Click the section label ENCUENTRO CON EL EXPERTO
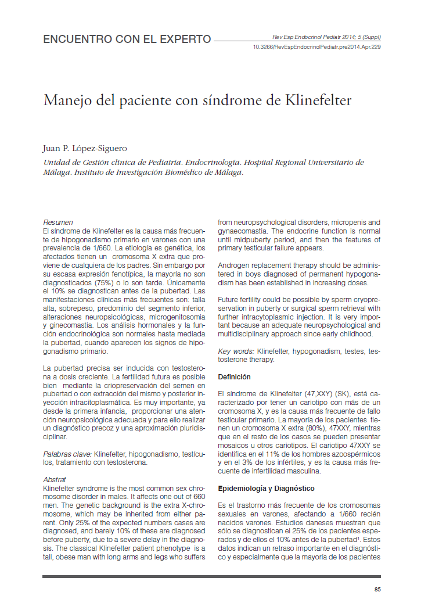point(127,40)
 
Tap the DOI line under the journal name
point(317,47)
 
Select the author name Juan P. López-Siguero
point(85,148)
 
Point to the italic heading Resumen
point(58,223)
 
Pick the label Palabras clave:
point(67,454)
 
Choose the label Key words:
point(236,351)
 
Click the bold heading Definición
point(234,377)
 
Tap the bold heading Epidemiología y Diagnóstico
point(266,489)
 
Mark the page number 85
point(377,590)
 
